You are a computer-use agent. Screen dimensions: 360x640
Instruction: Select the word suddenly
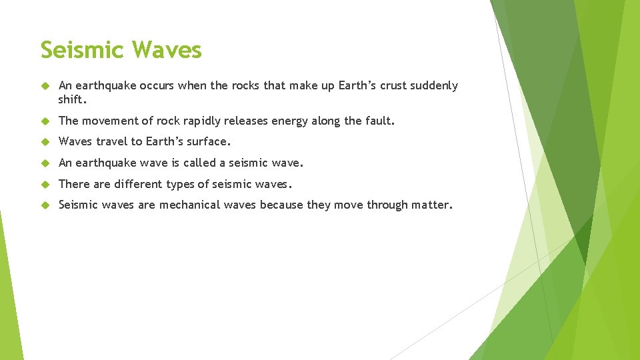click(436, 86)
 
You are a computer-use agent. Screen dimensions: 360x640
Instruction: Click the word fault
click(381, 121)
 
